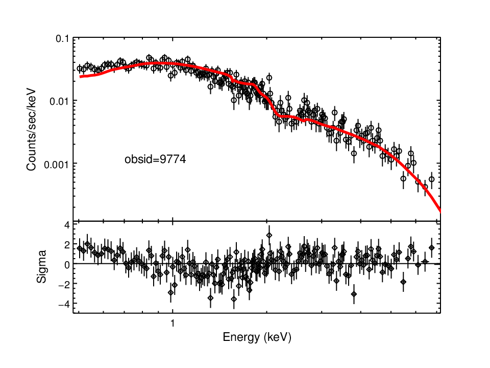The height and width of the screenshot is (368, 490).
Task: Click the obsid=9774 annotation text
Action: (155, 159)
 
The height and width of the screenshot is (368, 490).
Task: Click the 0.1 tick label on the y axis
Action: (62, 39)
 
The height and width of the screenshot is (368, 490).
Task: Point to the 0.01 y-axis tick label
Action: (59, 101)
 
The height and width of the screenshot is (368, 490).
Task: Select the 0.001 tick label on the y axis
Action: (56, 164)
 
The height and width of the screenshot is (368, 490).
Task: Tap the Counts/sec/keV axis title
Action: (31, 130)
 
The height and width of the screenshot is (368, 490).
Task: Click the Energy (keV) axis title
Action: (257, 337)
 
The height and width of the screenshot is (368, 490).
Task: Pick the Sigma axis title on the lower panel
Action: (41, 267)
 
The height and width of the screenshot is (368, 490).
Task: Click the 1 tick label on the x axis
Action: (173, 323)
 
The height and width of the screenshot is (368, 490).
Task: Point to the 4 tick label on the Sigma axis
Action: (67, 225)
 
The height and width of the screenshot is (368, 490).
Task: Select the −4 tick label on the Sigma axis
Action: (64, 304)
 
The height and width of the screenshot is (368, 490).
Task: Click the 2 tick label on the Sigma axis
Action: (67, 245)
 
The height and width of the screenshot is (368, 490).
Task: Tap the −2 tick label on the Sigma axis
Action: (64, 284)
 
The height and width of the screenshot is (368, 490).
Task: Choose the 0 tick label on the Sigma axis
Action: (67, 265)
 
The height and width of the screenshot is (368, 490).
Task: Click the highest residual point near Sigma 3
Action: (269, 235)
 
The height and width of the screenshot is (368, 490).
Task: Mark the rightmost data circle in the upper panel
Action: (432, 179)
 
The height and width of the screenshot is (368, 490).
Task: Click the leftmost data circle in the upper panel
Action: (80, 68)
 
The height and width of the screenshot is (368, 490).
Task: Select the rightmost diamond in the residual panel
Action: (432, 247)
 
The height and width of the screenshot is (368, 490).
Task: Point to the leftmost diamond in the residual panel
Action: (80, 248)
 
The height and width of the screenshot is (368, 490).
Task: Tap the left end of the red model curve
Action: (80, 77)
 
